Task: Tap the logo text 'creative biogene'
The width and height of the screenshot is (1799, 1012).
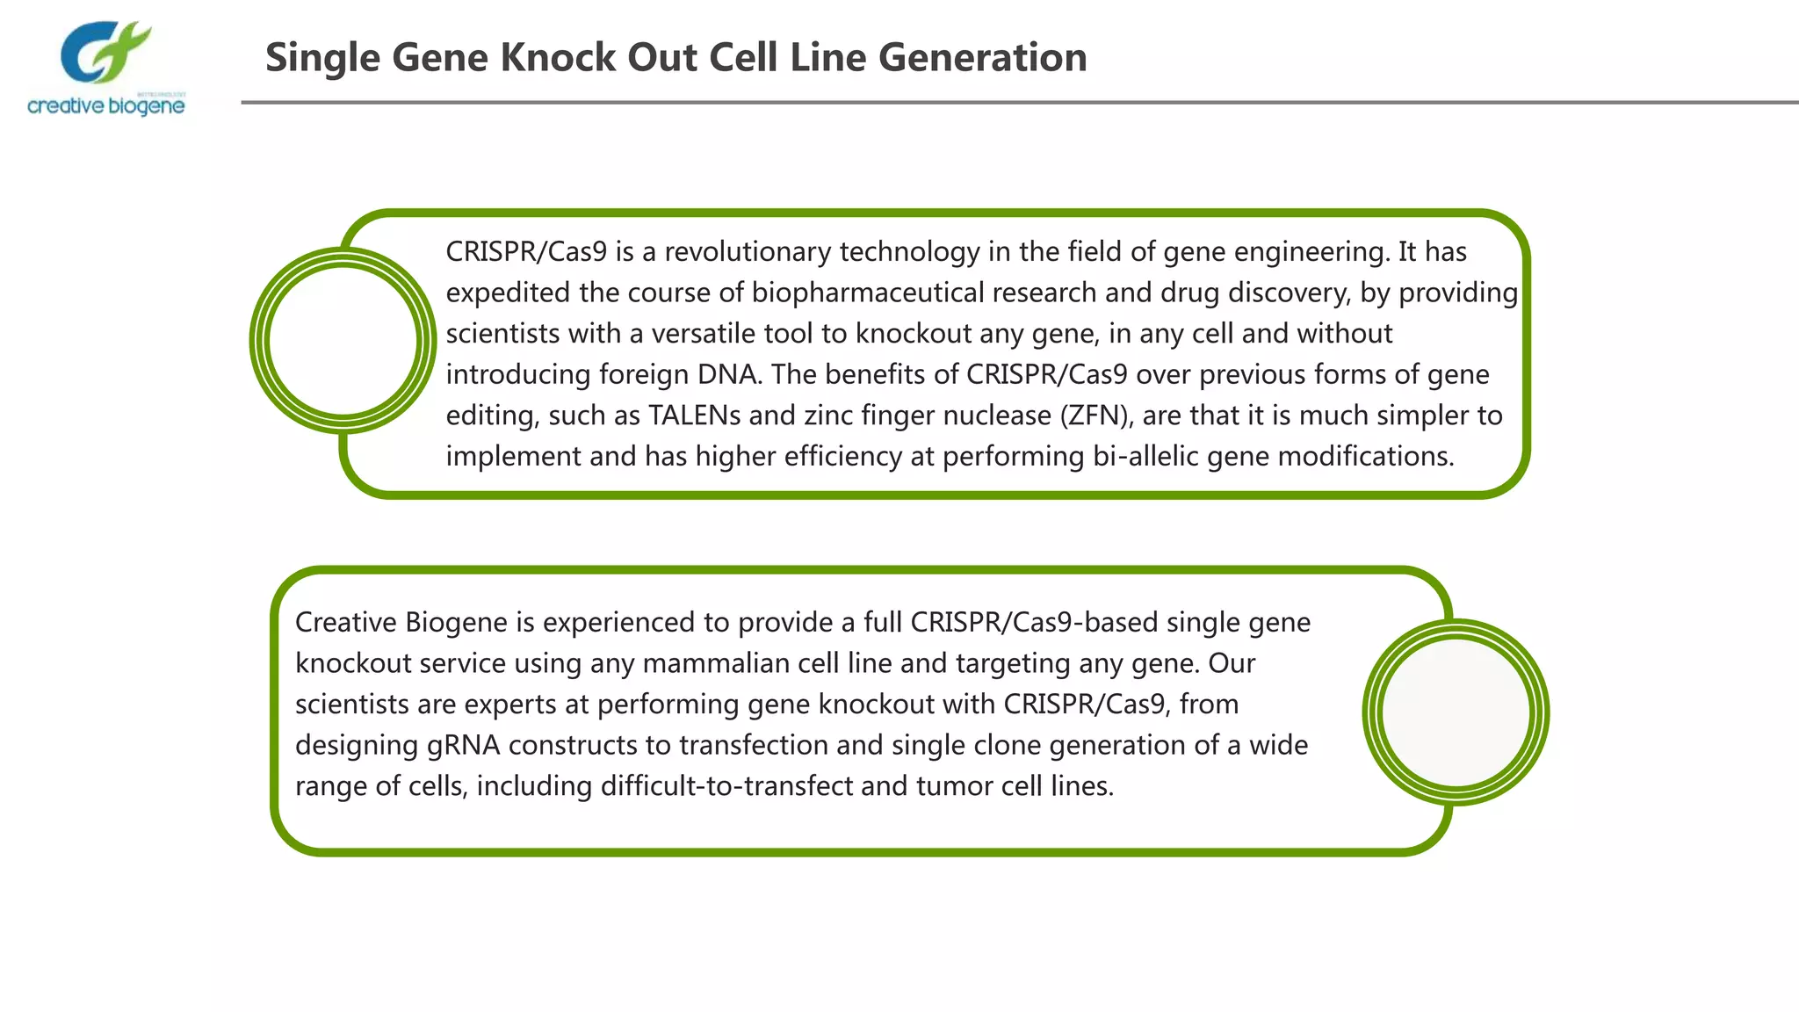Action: [106, 106]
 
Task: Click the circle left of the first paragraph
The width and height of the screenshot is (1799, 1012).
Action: [343, 341]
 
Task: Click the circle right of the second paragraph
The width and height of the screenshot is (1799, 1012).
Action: [1456, 712]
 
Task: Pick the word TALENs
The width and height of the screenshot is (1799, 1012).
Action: [694, 416]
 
